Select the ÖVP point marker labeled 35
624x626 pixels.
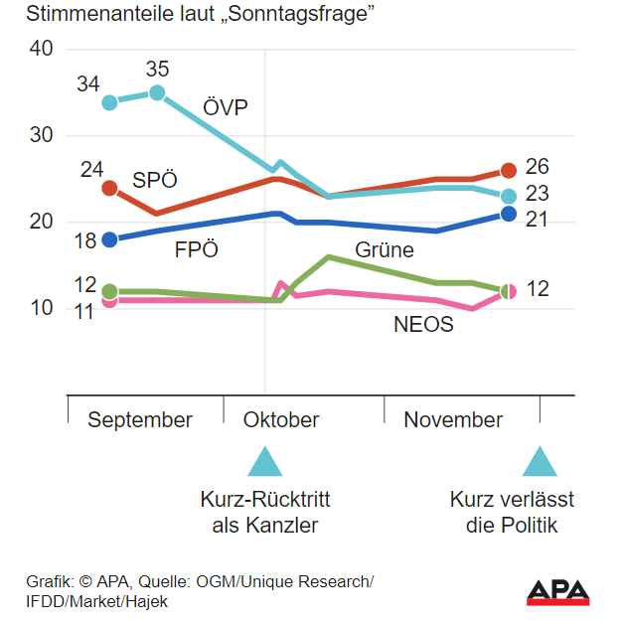pos(157,93)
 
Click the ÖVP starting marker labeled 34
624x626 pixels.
pos(109,102)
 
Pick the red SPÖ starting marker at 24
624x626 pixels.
pos(109,188)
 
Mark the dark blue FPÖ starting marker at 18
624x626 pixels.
pos(109,239)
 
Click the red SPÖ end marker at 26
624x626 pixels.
pos(508,171)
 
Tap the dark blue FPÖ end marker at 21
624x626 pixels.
pos(508,214)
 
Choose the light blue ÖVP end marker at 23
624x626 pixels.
pos(508,197)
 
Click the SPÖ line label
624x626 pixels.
pos(155,181)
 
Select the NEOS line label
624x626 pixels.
pos(423,325)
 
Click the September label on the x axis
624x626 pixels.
pos(140,420)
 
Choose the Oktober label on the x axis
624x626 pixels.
pos(281,420)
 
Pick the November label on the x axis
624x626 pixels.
pos(453,420)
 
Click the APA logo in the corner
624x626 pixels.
pos(557,591)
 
